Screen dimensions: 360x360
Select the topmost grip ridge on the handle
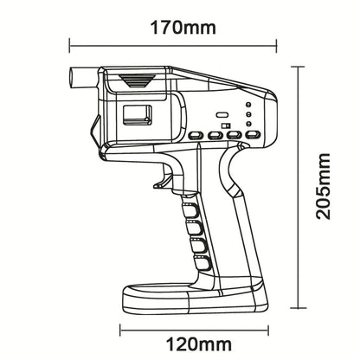pyautogui.click(x=191, y=210)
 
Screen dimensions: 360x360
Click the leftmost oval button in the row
pyautogui.click(x=195, y=135)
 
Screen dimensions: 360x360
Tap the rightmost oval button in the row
pyautogui.click(x=252, y=134)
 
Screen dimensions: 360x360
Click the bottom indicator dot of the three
pyautogui.click(x=248, y=122)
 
